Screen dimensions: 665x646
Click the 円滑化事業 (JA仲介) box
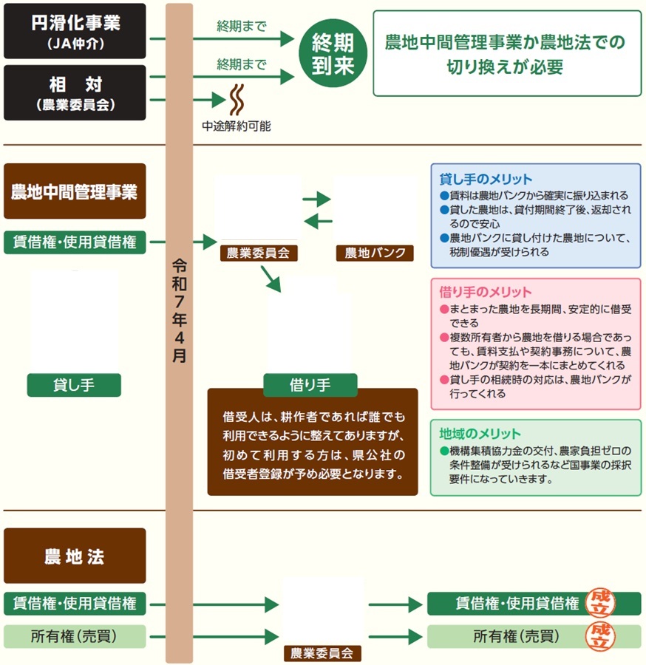[75, 31]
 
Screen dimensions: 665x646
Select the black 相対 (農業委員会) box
[75, 92]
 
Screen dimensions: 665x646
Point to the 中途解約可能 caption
[237, 126]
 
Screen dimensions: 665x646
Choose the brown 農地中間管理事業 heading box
[75, 191]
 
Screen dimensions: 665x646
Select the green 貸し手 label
[75, 384]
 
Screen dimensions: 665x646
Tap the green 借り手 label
[310, 384]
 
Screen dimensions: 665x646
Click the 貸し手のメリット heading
[486, 180]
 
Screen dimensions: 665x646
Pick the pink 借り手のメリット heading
[486, 293]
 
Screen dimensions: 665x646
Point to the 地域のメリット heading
[480, 434]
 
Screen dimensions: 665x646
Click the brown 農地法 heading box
[75, 556]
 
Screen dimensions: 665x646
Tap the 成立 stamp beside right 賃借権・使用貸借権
[602, 602]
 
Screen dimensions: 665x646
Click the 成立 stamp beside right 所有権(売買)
[602, 635]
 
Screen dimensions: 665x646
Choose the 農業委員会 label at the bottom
[323, 653]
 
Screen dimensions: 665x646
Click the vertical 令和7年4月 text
[179, 310]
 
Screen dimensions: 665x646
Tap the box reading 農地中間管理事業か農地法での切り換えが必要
[506, 53]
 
